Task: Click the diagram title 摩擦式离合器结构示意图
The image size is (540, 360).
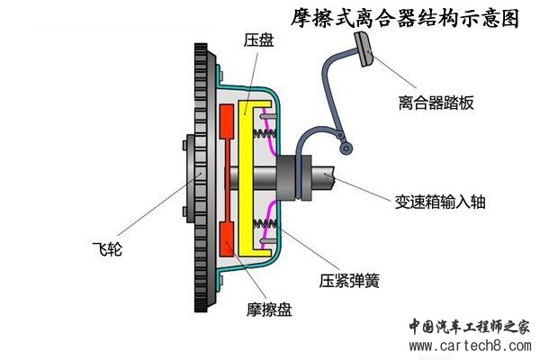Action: coord(406,17)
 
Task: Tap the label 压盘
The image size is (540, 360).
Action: coord(257,40)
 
